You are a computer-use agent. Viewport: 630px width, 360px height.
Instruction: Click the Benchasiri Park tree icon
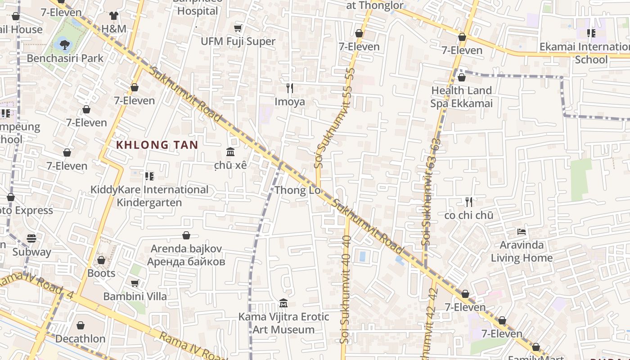[x=65, y=44]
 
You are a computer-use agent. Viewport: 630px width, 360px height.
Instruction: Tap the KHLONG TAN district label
[x=157, y=145]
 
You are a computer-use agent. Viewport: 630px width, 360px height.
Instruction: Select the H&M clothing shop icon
[x=114, y=16]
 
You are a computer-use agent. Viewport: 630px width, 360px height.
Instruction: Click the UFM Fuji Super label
[x=238, y=41]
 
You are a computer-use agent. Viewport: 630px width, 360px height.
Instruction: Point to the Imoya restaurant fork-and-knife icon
[x=290, y=88]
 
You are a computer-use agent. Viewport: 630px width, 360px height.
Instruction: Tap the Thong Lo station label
[x=297, y=190]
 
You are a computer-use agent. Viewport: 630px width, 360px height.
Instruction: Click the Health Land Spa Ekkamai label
[x=461, y=97]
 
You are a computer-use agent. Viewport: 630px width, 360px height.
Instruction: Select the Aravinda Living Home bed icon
[x=522, y=232]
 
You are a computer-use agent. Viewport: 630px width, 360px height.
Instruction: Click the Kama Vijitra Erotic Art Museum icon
[x=283, y=303]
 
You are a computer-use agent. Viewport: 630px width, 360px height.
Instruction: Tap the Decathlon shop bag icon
[x=81, y=325]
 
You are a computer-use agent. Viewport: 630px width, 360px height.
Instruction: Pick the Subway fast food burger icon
[x=31, y=238]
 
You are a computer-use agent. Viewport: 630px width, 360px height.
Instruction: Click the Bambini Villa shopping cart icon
[x=135, y=283]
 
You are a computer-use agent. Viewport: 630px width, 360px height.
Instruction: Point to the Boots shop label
[x=101, y=273]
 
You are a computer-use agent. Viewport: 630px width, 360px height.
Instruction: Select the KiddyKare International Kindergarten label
[x=149, y=196]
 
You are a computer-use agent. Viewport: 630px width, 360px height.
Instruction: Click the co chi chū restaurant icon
[x=469, y=202]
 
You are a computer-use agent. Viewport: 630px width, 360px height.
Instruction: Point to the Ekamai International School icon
[x=591, y=33]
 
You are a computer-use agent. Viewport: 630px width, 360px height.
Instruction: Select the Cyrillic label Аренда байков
[x=186, y=261]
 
